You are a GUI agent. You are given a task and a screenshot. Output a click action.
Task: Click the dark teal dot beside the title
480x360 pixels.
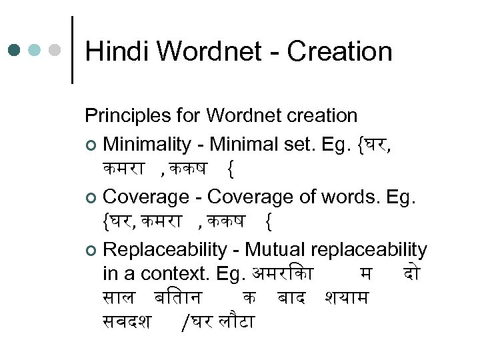tap(15, 50)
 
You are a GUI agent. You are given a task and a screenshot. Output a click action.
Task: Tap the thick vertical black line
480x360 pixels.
tap(71, 50)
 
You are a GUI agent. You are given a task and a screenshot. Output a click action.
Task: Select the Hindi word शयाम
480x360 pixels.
tap(345, 298)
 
